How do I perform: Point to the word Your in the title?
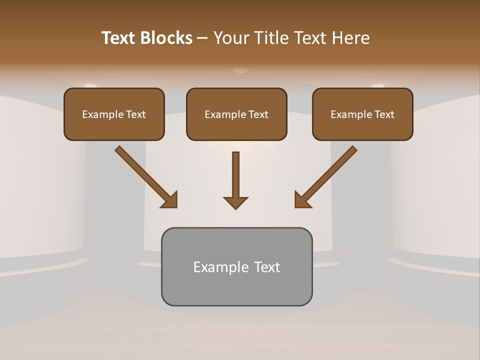click(230, 38)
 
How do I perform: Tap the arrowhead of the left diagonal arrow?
click(170, 199)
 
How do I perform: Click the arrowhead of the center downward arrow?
click(235, 202)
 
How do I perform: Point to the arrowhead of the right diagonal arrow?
click(302, 199)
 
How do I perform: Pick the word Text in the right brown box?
click(384, 114)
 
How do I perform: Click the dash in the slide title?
click(202, 38)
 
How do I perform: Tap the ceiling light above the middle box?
click(240, 70)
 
